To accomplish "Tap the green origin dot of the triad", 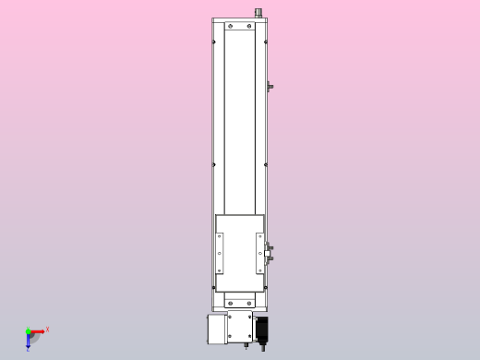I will click(29, 331).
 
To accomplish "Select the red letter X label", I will click(47, 329).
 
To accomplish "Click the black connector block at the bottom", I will click(261, 327).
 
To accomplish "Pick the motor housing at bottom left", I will click(216, 328).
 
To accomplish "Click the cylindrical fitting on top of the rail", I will click(258, 13).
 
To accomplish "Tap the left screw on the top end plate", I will click(228, 27).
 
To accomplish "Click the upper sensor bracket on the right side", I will click(270, 87).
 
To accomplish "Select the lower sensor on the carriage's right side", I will click(270, 259).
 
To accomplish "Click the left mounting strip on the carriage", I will click(220, 253).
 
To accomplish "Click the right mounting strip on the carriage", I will click(259, 253).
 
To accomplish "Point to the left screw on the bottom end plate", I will click(229, 302).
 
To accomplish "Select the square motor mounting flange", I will click(240, 327).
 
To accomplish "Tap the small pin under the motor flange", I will click(246, 346).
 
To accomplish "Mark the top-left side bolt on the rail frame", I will click(214, 42).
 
